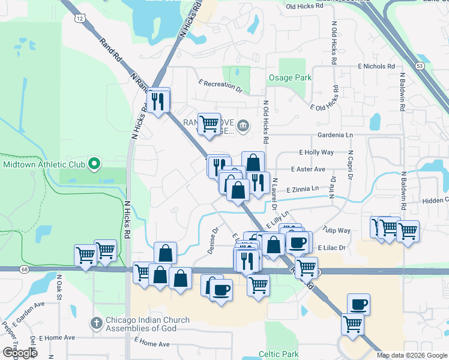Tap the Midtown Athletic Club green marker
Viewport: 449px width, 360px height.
pos(94,163)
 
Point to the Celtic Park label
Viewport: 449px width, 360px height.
pos(279,354)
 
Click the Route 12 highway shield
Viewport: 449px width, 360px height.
pos(80,19)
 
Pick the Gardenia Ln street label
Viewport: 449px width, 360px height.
pos(330,136)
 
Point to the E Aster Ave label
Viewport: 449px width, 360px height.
pos(308,169)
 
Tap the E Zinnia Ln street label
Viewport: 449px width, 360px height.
pos(303,189)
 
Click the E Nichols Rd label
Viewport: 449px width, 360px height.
pos(376,66)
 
